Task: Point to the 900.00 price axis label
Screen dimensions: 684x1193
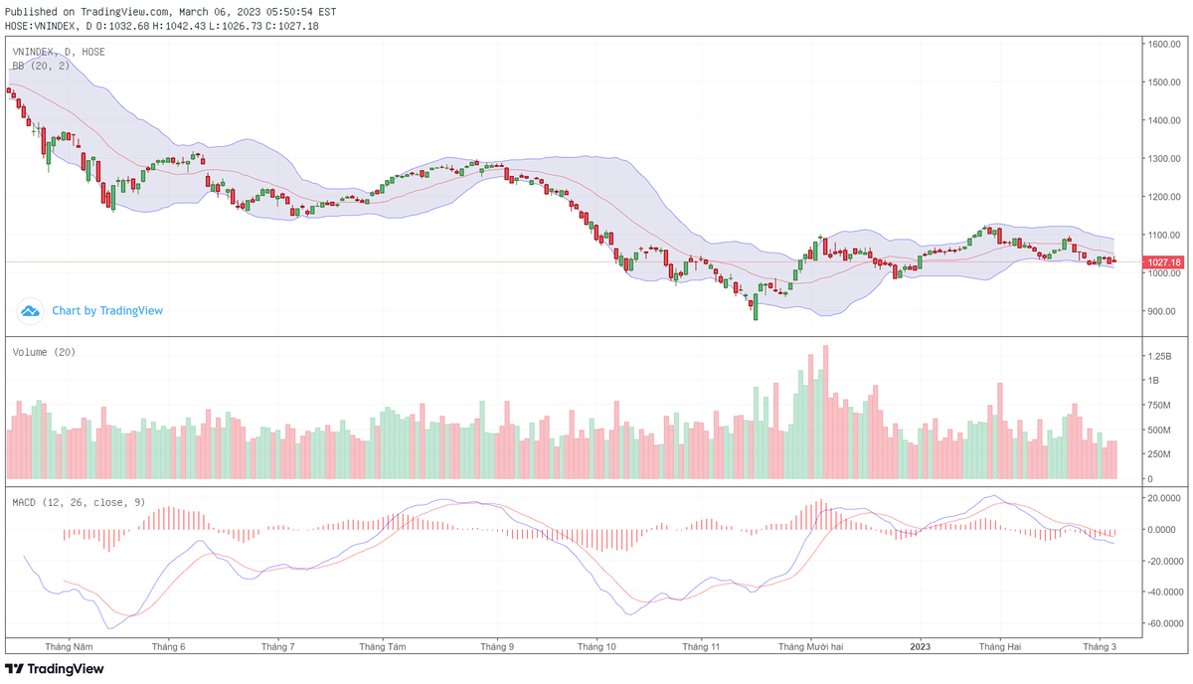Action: coord(1161,311)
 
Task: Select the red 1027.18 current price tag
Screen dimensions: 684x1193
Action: coord(1163,262)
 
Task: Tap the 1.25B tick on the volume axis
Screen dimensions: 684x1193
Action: coord(1159,356)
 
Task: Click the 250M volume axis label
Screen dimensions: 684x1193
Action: coord(1159,454)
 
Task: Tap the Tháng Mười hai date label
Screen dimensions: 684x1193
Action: coord(810,646)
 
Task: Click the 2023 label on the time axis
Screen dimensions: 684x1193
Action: coord(920,646)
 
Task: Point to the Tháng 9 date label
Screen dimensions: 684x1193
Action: coord(497,646)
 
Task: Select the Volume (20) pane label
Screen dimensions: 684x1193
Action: coord(44,352)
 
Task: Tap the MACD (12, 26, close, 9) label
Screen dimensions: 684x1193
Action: coord(79,502)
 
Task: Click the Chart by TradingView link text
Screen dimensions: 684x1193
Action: coord(107,311)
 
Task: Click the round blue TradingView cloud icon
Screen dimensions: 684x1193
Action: coord(31,311)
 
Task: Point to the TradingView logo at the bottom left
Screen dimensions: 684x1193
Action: coord(55,669)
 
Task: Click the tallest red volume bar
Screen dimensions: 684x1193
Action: coord(825,413)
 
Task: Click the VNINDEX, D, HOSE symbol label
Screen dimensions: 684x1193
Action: coord(59,52)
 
